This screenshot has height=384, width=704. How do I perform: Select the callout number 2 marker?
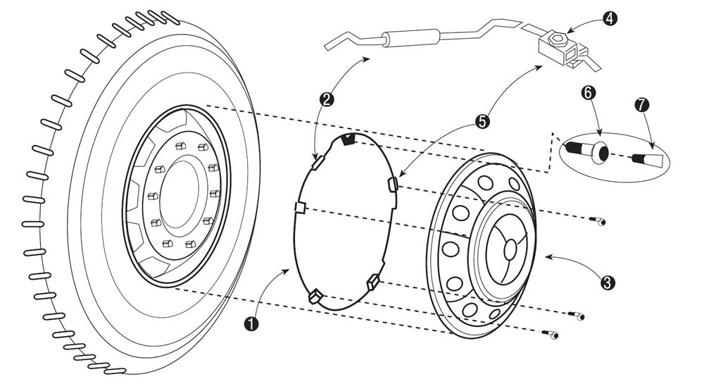[326, 99]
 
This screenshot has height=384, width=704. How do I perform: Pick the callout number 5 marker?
[482, 121]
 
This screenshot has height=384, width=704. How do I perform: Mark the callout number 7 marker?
[642, 105]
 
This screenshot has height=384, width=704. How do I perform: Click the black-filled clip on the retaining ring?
[346, 140]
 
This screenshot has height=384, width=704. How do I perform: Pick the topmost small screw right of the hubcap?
[599, 222]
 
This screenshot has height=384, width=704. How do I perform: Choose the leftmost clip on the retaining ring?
[298, 206]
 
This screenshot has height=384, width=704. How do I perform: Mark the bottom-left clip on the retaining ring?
[315, 295]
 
